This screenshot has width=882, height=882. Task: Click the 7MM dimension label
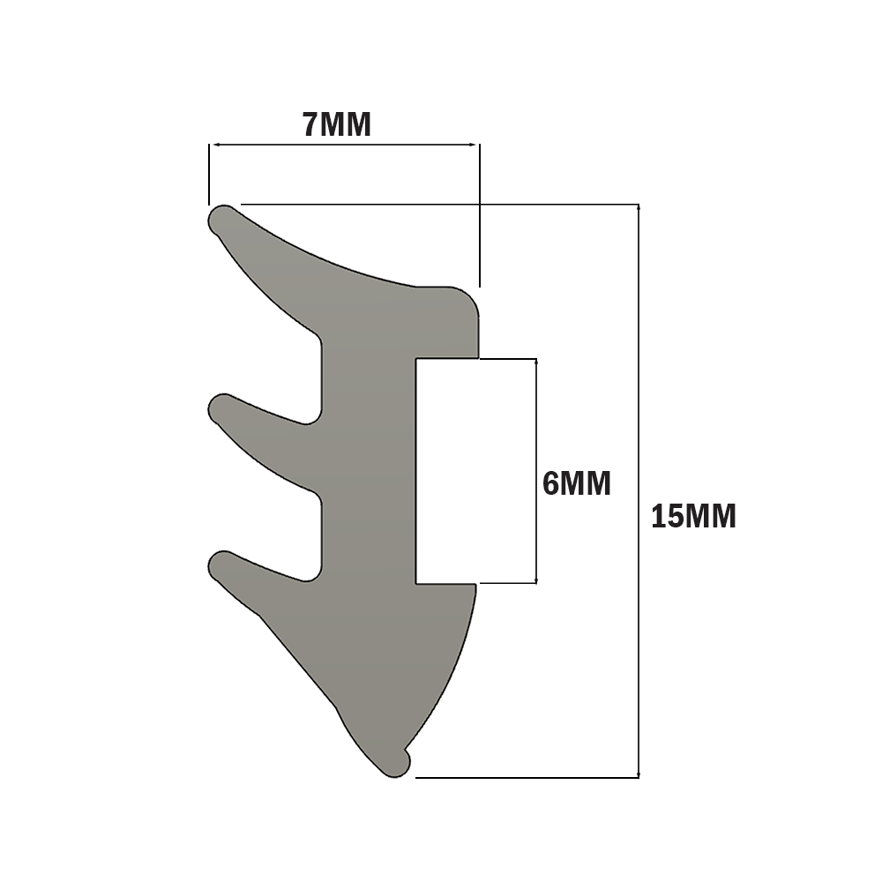coord(337,125)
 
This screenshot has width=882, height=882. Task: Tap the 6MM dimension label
coord(576,483)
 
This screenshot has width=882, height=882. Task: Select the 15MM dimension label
coord(693,516)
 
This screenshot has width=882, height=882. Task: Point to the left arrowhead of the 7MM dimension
coord(213,146)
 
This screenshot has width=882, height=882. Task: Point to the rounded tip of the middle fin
coord(221,408)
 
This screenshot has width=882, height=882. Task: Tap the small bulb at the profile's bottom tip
coord(399,764)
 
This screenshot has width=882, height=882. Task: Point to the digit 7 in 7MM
coord(310,125)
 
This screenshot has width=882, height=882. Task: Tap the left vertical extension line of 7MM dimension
coord(209,174)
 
